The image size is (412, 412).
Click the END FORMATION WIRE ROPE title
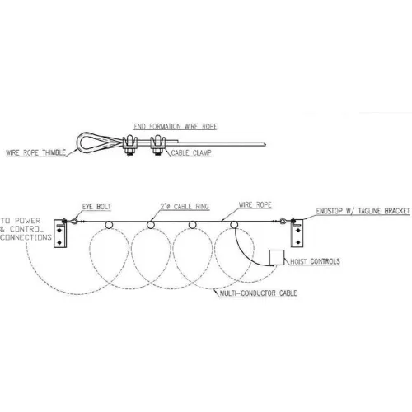point(176,126)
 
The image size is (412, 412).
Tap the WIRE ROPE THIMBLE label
point(35,152)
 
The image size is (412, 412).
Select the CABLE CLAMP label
point(191,152)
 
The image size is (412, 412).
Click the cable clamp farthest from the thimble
point(157,145)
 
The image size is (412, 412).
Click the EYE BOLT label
point(96,207)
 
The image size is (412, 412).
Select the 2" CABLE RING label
point(185,207)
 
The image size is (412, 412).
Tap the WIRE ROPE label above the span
point(255,205)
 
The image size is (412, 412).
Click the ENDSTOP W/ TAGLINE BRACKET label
point(363,211)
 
